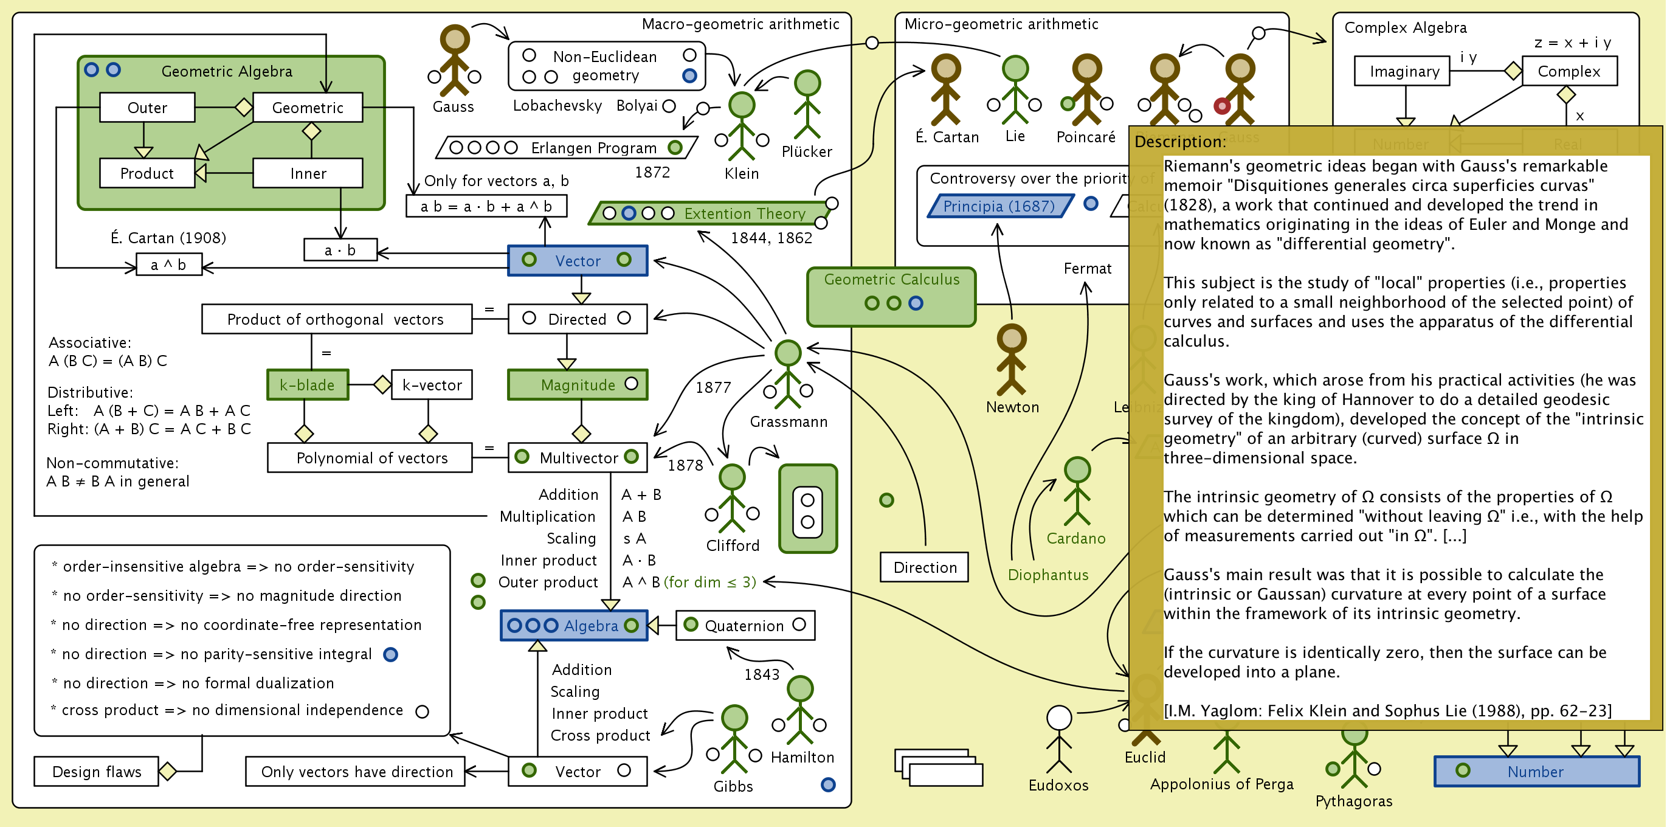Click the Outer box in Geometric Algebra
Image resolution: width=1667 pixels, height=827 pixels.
(147, 108)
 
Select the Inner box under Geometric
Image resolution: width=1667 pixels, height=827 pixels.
(308, 173)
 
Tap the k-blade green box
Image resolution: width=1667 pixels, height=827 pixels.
(308, 385)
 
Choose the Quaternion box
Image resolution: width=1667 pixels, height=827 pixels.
(745, 626)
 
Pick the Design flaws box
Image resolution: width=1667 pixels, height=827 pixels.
(97, 771)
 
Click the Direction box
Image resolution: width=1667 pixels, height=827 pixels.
(924, 567)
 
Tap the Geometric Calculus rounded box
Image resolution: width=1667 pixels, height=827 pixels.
(891, 296)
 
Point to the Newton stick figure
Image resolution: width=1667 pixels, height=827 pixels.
(1012, 359)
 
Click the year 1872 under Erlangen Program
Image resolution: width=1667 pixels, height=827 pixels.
(652, 172)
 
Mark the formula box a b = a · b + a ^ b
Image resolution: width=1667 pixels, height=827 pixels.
(486, 206)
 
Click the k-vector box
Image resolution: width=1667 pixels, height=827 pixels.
(432, 385)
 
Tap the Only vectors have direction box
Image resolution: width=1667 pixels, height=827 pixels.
(356, 771)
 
